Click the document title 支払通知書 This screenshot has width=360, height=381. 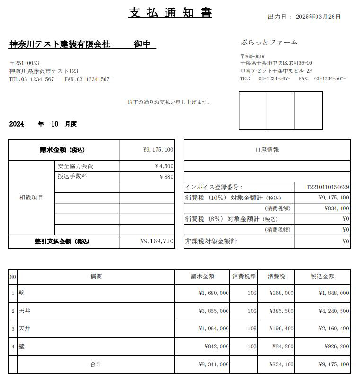(170, 13)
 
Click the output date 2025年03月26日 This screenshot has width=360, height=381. (317, 17)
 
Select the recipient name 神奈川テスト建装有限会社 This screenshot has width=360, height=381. (60, 44)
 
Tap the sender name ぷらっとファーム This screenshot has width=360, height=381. (269, 43)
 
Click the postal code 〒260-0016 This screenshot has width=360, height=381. (253, 56)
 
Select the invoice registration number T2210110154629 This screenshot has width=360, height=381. (328, 187)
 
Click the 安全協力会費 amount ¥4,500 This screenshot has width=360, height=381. (164, 166)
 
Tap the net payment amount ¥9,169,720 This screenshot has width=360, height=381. (158, 242)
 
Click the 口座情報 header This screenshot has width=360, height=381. (267, 150)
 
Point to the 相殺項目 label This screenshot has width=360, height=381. (31, 198)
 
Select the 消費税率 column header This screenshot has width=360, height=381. (244, 277)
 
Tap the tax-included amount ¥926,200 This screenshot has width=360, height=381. (337, 346)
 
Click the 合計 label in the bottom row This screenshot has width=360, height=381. (96, 364)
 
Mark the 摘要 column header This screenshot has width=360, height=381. (96, 277)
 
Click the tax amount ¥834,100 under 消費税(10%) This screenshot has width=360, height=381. (337, 208)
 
